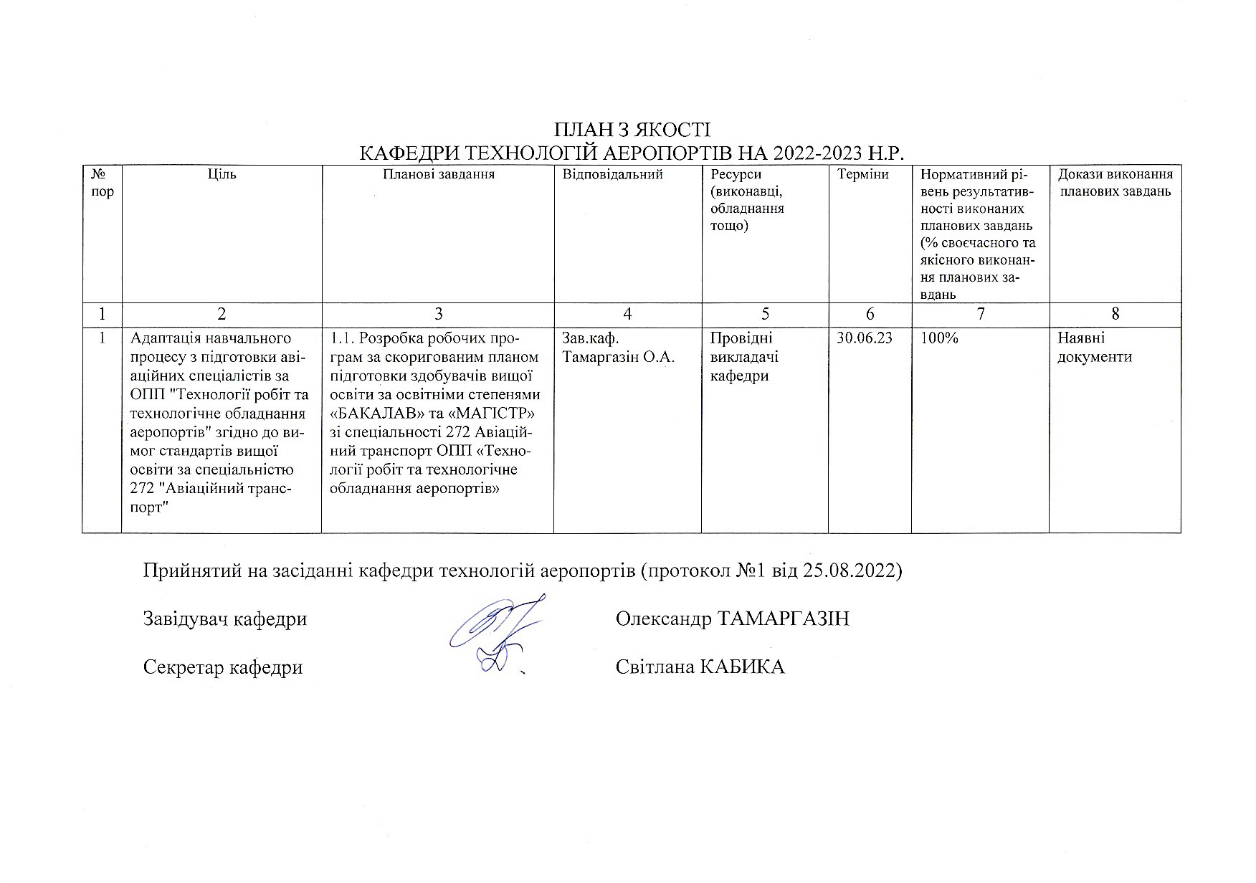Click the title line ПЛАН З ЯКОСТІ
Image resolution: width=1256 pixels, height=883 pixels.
click(x=632, y=130)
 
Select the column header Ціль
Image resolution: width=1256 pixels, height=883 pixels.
click(x=222, y=174)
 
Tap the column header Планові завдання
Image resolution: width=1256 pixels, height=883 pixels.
click(x=438, y=174)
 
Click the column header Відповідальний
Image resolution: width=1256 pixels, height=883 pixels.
click(x=613, y=174)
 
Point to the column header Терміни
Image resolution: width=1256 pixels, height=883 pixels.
click(x=863, y=174)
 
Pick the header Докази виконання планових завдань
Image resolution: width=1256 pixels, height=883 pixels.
click(x=1115, y=183)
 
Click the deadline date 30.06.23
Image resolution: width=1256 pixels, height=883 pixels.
click(x=865, y=338)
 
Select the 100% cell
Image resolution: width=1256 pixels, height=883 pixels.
click(x=939, y=338)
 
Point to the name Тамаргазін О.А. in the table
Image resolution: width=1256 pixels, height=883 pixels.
click(x=619, y=357)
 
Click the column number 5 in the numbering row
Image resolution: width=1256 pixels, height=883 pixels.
click(x=765, y=314)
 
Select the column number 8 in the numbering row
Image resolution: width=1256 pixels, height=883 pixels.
click(x=1115, y=314)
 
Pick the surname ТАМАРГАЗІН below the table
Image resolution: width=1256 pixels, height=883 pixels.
click(x=783, y=619)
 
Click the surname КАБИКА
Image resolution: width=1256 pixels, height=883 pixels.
click(x=742, y=667)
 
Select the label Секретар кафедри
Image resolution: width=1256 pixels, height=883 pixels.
click(x=223, y=667)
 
